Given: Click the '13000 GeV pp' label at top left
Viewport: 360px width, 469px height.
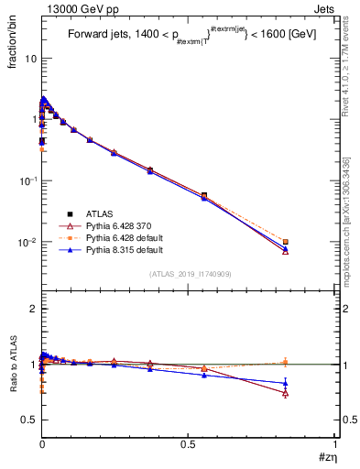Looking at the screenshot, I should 70,7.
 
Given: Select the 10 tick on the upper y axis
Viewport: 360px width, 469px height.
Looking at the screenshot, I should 30,58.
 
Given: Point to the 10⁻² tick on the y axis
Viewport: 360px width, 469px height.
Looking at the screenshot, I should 27,243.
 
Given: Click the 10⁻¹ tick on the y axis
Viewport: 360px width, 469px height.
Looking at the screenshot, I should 27,180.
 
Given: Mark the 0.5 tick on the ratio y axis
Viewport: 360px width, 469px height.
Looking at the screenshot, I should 29,420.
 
